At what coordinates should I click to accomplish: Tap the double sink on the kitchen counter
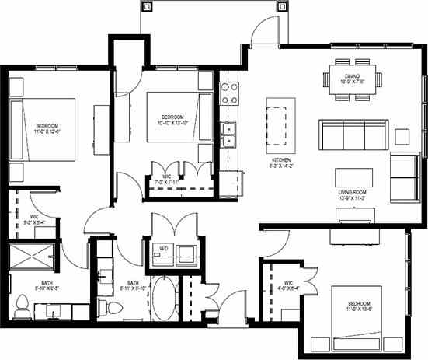[229, 139]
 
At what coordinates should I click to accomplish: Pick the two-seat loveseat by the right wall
[403, 178]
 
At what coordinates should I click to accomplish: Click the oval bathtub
[163, 296]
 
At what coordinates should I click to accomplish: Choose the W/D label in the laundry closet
[164, 250]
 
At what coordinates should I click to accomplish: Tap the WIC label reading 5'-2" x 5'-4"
[34, 220]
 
